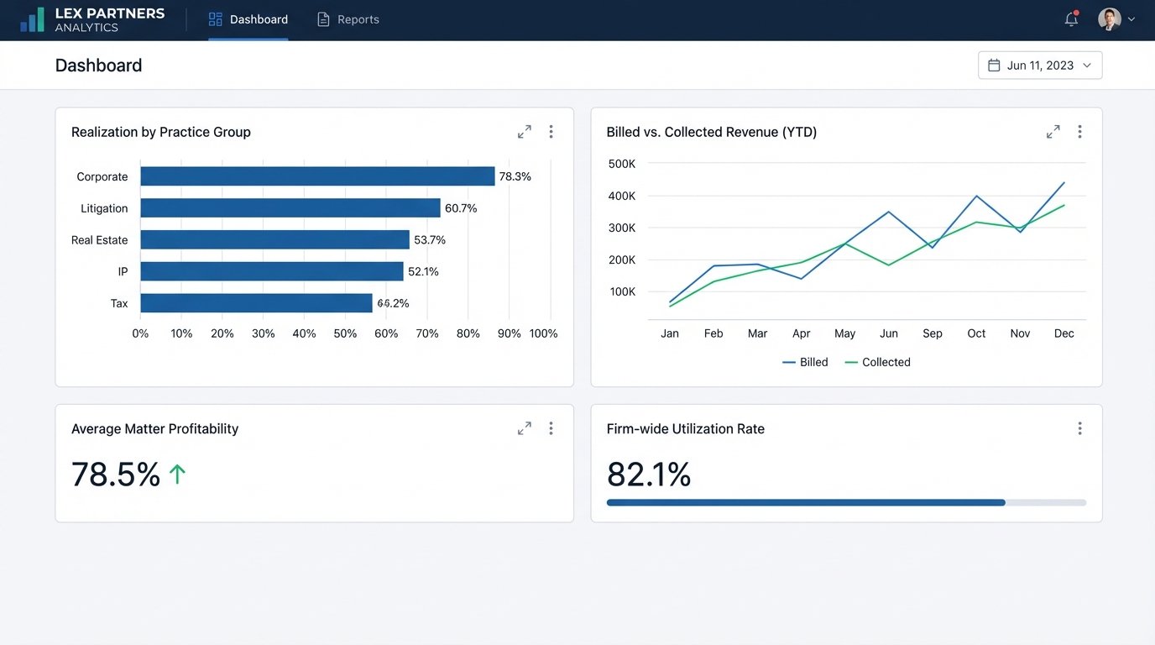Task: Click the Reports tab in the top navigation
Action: [x=348, y=19]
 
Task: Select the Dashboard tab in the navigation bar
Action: [x=248, y=19]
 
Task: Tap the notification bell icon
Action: [x=1071, y=19]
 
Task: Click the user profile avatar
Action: [x=1109, y=19]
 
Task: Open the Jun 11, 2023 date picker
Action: [x=1040, y=66]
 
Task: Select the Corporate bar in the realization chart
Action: [x=317, y=176]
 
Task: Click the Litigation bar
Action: [x=290, y=208]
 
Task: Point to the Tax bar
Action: [x=256, y=303]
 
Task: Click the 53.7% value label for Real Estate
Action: [x=430, y=240]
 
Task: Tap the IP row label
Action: [x=123, y=272]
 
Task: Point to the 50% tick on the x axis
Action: [x=345, y=333]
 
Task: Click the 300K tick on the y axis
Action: [x=621, y=228]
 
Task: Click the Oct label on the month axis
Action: [x=976, y=333]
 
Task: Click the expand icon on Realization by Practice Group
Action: [x=525, y=132]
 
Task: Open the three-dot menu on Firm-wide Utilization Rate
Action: [x=1079, y=428]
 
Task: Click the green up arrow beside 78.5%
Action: [x=177, y=475]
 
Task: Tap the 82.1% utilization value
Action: [x=649, y=475]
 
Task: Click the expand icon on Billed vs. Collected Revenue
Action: [x=1053, y=132]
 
